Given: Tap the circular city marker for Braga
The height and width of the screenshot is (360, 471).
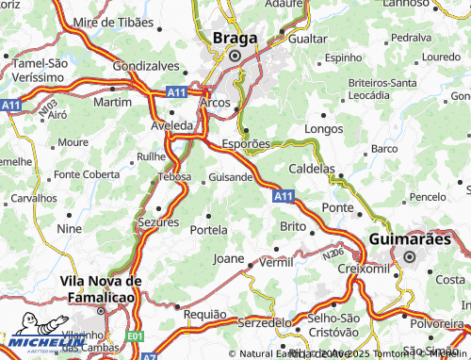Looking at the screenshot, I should pos(234,56).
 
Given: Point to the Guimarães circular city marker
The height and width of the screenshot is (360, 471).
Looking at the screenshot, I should pos(409,255).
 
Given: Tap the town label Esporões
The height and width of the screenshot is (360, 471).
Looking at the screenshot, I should pos(246,144).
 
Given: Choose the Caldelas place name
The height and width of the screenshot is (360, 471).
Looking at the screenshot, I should pos(311,168).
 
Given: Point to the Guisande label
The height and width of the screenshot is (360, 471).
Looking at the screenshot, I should pos(230,176).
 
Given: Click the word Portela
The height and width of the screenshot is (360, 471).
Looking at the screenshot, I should pos(209,229).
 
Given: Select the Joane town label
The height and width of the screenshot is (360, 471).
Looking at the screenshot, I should pos(229,257).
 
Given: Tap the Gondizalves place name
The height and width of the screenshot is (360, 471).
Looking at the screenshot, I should pos(145,67).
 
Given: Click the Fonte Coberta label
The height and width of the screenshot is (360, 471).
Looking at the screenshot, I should pos(87,174).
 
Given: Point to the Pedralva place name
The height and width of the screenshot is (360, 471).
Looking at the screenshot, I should pos(410,37).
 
